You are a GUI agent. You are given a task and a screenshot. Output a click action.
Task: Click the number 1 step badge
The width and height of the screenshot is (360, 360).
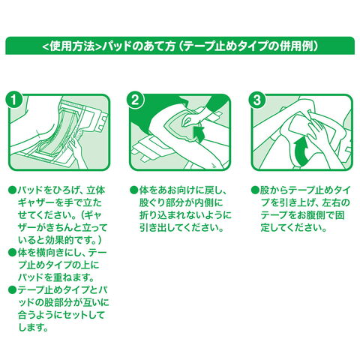[x=14, y=100]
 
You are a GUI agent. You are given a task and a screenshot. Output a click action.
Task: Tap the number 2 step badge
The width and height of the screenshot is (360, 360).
[x=135, y=100]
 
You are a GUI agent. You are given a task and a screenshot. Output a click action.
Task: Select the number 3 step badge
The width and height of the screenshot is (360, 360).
[x=256, y=100]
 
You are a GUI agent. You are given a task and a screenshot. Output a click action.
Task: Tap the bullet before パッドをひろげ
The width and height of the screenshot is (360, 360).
[x=12, y=190]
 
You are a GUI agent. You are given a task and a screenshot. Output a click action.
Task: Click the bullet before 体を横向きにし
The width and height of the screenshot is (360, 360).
[x=12, y=253]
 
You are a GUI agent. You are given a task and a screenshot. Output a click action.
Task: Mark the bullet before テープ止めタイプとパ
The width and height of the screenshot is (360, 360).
[x=12, y=289]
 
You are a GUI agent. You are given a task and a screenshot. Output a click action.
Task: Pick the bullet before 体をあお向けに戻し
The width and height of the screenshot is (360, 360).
[x=133, y=190]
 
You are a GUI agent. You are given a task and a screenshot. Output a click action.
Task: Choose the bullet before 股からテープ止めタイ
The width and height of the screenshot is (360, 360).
[x=255, y=190]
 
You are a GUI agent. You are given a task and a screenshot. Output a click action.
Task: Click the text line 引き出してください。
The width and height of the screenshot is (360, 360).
[x=181, y=228]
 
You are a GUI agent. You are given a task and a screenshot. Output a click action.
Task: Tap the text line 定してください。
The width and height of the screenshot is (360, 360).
[x=294, y=228]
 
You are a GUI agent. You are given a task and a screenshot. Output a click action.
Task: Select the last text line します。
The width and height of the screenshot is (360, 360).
[x=33, y=327]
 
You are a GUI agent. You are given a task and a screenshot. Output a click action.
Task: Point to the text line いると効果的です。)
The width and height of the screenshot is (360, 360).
[x=60, y=240]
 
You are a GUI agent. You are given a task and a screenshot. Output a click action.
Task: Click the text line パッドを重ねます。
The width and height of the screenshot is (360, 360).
[x=56, y=277]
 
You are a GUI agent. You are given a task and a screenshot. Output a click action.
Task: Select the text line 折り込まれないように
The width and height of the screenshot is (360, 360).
[x=185, y=215]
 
